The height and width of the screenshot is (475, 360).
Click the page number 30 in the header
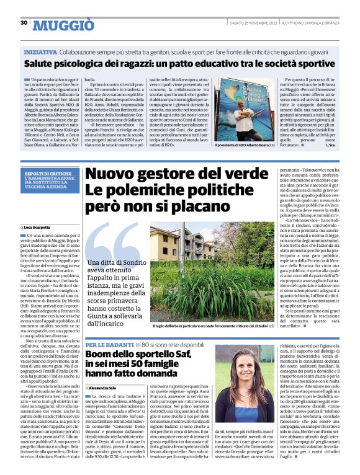[x=24, y=23]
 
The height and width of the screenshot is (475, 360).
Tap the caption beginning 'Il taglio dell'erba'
[x=205, y=325]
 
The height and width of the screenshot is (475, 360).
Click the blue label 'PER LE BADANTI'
[x=105, y=344]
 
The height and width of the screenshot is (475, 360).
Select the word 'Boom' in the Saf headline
[x=101, y=355]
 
